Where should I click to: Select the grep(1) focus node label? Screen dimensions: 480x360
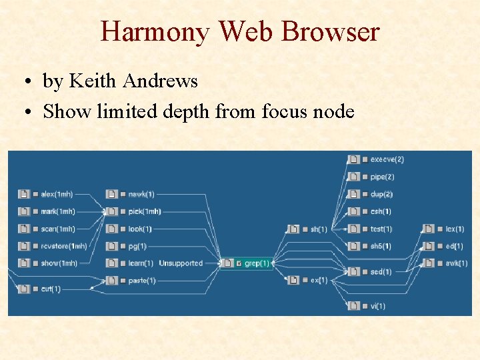coord(257,263)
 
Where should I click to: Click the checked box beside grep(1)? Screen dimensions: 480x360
coord(239,263)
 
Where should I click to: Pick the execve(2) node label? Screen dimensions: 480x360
coord(387,159)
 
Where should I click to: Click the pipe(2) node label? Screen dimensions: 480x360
coord(382,177)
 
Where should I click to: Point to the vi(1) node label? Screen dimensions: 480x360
coord(378,306)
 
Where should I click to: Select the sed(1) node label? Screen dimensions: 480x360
coord(381,271)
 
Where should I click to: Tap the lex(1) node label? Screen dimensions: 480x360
coord(455,229)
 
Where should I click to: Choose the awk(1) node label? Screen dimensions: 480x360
coord(457,263)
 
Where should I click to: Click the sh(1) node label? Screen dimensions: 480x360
coord(319,229)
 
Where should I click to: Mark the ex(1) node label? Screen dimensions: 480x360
coord(319,280)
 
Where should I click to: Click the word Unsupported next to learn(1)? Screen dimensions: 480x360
coord(180,263)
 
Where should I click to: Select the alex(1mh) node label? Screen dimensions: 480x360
coord(57,194)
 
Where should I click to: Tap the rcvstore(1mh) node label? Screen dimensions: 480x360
coord(64,246)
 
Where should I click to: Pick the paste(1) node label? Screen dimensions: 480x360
coord(141,281)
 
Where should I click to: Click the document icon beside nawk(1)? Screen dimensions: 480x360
coord(111,194)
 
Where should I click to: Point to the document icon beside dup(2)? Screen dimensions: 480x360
coord(354,194)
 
